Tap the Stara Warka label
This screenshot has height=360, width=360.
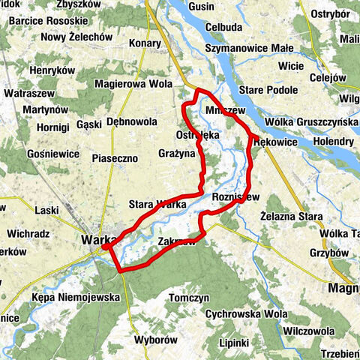point(157,204)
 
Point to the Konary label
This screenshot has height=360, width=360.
point(144,64)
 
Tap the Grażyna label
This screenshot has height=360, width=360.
point(176,153)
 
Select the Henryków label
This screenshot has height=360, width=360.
point(53,70)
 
